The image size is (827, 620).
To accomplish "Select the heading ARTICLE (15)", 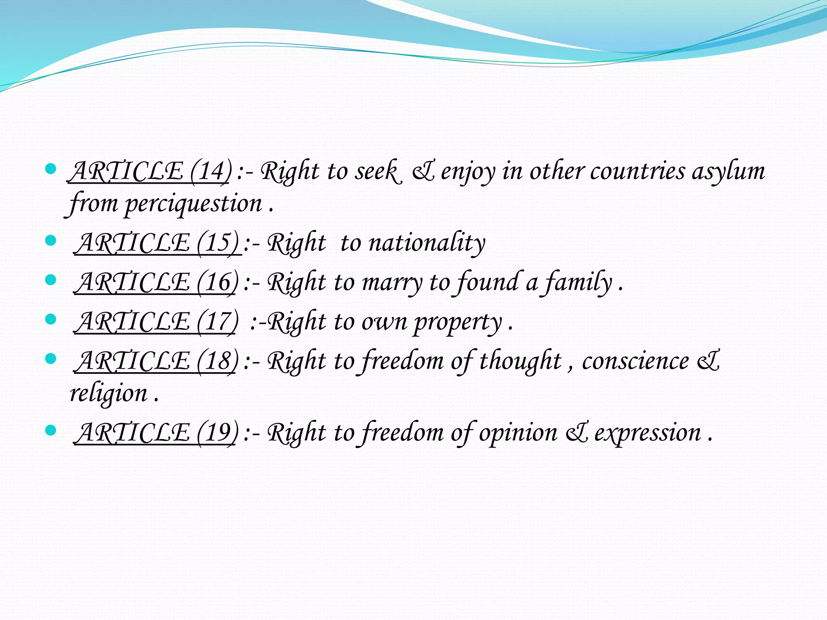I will click(157, 243).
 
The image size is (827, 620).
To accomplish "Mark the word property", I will click(458, 323).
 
